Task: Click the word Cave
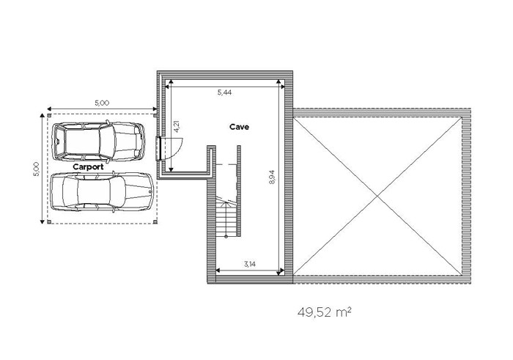[x=239, y=127]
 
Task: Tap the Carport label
[x=88, y=167]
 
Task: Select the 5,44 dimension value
[x=224, y=92]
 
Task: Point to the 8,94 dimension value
[x=273, y=177]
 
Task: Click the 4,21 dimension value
[x=177, y=126]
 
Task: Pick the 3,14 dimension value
[x=250, y=265]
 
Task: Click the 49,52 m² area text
[x=325, y=312]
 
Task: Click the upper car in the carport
[x=98, y=142]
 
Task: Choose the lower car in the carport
[x=103, y=192]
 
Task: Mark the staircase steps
[x=226, y=216]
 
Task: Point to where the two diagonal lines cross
[x=378, y=196]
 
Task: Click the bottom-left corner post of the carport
[x=49, y=222]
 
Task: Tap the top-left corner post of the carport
[x=49, y=115]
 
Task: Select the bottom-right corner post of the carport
[x=155, y=222]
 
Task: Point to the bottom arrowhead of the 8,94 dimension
[x=278, y=272]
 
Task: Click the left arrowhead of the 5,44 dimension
[x=166, y=87]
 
